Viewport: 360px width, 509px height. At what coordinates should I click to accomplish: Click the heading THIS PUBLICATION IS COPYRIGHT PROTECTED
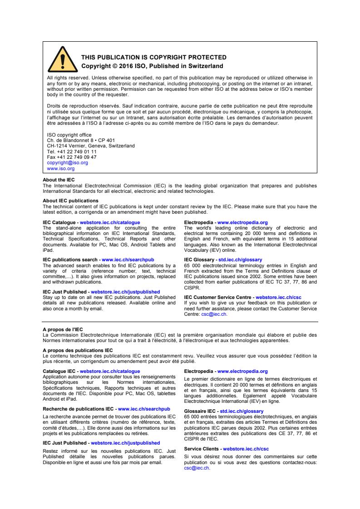(x=153, y=58)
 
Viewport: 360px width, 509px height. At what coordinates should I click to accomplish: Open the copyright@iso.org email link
(x=68, y=162)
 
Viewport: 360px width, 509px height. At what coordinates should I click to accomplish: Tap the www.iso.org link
(x=61, y=168)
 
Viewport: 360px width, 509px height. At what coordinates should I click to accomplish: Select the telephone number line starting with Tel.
(x=72, y=152)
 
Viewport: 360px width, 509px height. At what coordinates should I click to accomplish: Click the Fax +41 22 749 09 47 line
(x=72, y=157)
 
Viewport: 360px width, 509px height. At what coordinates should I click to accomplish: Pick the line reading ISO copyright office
(x=69, y=135)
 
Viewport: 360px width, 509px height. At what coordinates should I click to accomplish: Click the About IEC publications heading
(x=70, y=200)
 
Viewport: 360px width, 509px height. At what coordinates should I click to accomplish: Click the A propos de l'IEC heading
(x=63, y=329)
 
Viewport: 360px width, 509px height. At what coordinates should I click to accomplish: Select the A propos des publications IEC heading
(x=78, y=349)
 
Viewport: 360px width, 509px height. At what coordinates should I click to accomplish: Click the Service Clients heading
(x=202, y=448)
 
